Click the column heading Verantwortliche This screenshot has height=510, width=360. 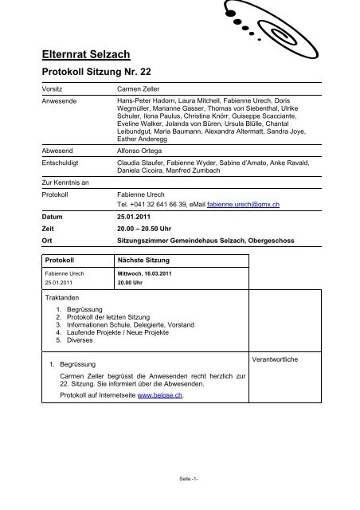tap(275, 359)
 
